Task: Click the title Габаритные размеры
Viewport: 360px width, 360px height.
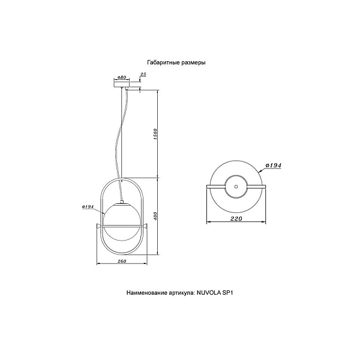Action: (x=176, y=62)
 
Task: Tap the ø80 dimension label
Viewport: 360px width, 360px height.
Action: (x=122, y=77)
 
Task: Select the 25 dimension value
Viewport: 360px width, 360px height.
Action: (x=143, y=74)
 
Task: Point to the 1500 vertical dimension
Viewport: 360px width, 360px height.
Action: (x=155, y=135)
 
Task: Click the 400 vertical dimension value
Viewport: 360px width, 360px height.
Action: (x=155, y=216)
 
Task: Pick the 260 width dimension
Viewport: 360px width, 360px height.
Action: (x=122, y=261)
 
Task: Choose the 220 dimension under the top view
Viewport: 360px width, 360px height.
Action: (x=236, y=218)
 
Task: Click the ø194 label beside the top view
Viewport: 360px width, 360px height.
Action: (x=273, y=166)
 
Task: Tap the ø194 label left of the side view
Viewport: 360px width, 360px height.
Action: (x=88, y=207)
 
